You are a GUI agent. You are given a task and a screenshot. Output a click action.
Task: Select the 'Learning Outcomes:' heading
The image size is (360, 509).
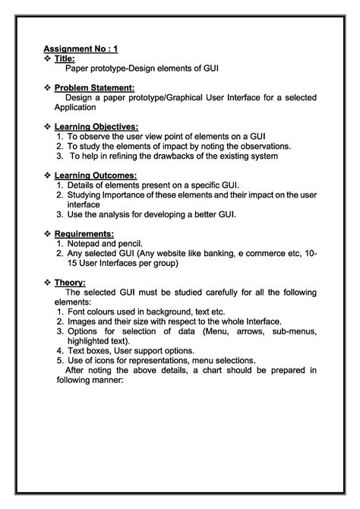coord(95,175)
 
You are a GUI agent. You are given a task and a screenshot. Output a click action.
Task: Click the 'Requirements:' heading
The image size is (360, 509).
coord(84,233)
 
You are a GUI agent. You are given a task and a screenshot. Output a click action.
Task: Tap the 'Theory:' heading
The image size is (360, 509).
coord(70,282)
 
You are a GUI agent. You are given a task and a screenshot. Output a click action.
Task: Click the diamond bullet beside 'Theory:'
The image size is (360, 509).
coord(48,282)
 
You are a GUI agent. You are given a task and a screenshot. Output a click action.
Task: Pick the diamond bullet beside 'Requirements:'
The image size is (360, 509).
coord(48,233)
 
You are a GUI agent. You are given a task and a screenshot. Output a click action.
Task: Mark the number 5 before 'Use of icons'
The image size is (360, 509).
coord(59,360)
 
